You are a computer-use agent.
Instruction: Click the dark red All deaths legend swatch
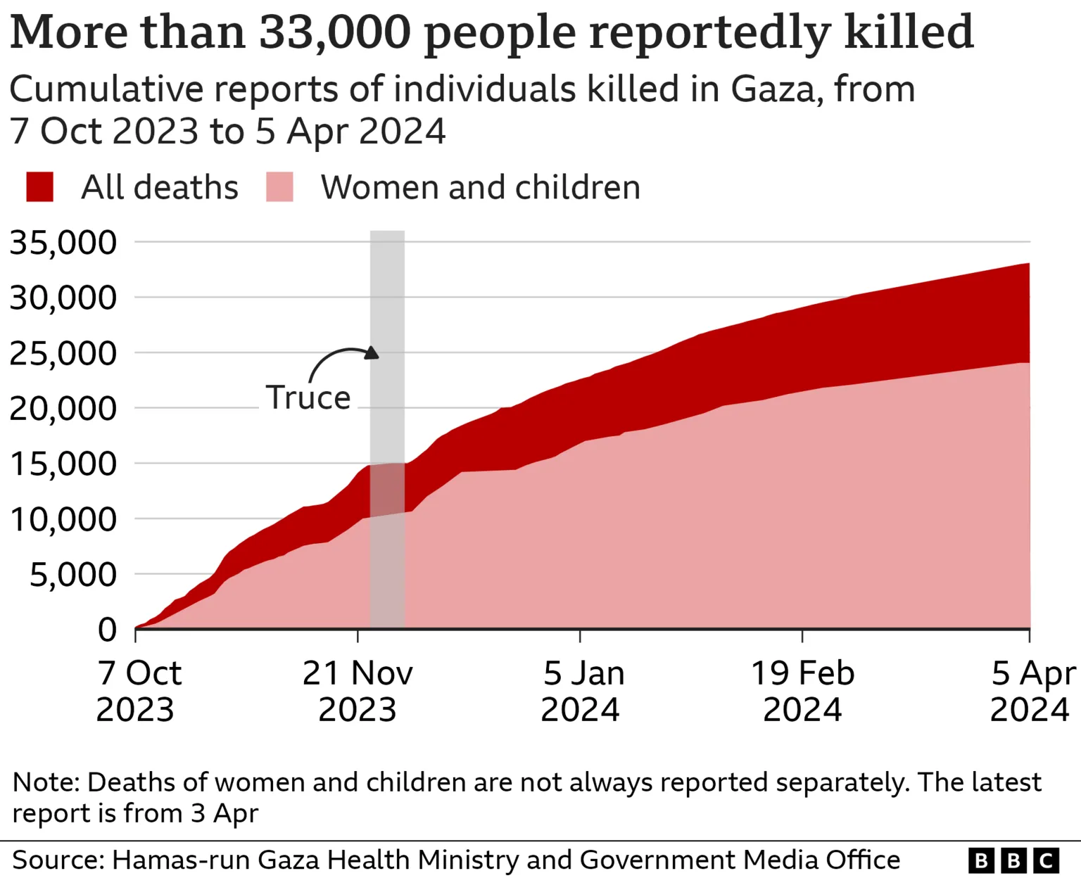click(39, 187)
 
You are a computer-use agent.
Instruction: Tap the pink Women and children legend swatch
click(279, 187)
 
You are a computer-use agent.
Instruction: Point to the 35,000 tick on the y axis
click(63, 243)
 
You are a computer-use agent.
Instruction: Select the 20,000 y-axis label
click(63, 409)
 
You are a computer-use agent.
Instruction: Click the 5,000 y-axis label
click(72, 575)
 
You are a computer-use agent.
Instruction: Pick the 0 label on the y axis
click(107, 630)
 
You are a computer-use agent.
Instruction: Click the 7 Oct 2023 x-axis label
click(138, 691)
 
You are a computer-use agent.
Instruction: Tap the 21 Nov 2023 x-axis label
click(358, 691)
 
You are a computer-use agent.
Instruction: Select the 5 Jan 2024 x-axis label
click(581, 691)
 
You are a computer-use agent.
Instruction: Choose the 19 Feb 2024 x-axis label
click(802, 691)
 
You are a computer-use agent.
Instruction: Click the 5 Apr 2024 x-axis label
click(1031, 691)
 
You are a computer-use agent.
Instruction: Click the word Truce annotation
click(308, 398)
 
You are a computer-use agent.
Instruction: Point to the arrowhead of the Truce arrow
click(372, 352)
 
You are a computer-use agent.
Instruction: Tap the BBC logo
click(1013, 860)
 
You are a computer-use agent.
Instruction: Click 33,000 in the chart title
click(334, 32)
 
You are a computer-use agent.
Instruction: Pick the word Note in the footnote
click(46, 782)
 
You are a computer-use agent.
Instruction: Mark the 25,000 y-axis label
click(63, 353)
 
